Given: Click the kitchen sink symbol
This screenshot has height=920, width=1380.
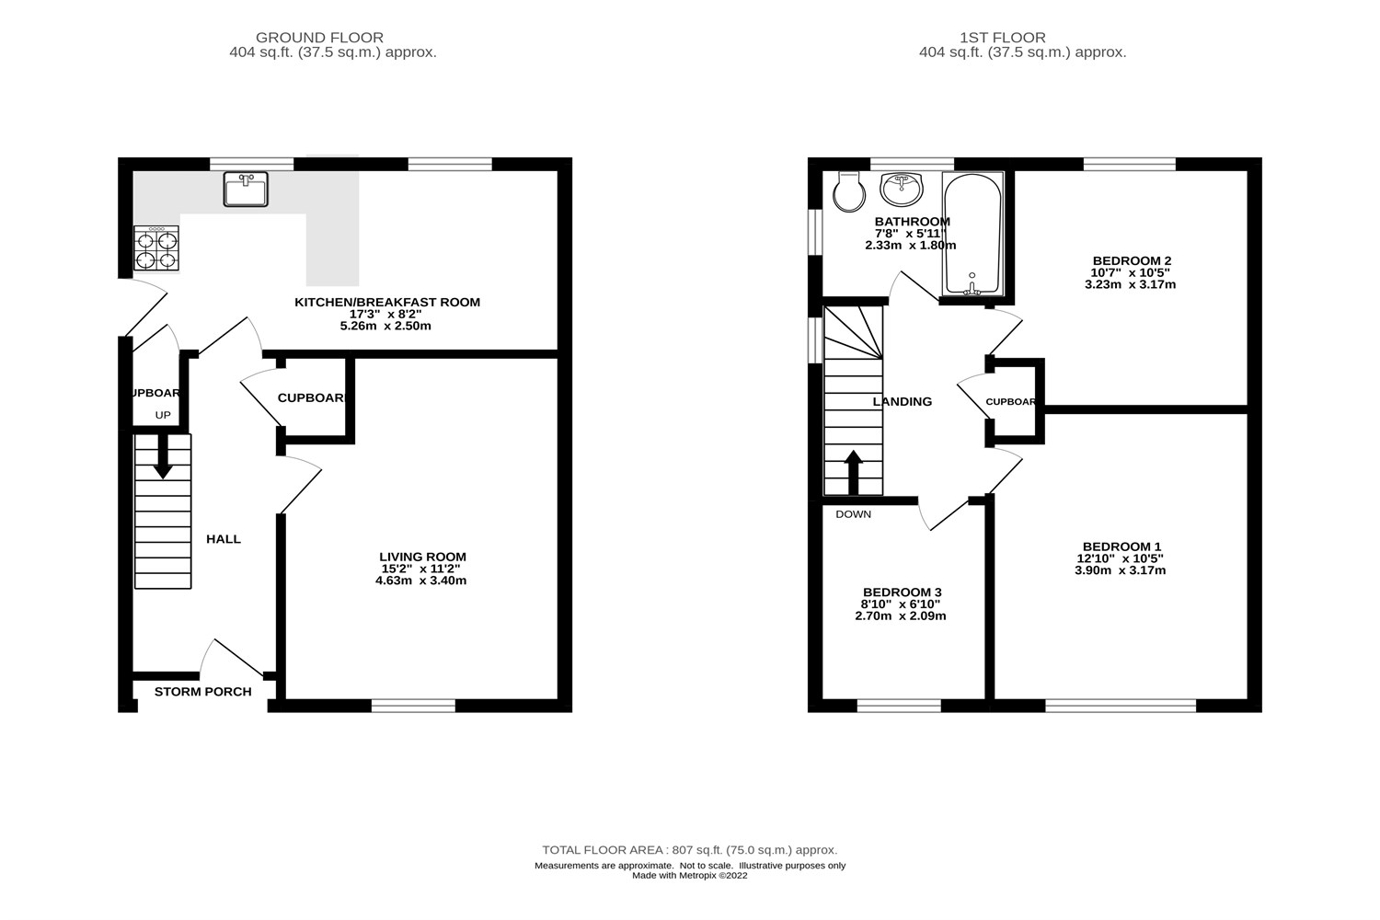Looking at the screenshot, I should coord(246,189).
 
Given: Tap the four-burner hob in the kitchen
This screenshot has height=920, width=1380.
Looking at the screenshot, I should coord(156,249).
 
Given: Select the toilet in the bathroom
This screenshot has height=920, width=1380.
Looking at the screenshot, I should coord(847,190).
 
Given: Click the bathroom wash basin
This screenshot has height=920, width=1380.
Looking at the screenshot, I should coord(903,190).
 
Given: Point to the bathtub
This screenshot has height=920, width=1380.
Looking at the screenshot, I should coord(972,234).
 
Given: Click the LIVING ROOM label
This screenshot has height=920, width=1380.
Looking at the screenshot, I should coord(422,557).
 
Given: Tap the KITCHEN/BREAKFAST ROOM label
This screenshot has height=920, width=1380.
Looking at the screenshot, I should coord(386,302).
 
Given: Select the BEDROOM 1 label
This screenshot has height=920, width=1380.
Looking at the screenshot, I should coord(1121,546).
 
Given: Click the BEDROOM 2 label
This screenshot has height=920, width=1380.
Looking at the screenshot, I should coord(1131,260).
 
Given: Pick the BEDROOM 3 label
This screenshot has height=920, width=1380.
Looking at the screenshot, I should coord(902,592).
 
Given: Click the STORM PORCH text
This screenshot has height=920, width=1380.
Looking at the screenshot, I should coord(202,692).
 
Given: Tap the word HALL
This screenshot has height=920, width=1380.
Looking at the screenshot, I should coord(223,539).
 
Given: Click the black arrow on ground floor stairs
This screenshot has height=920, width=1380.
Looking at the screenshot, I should coord(163,457).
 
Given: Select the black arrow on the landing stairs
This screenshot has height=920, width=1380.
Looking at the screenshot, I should coord(853,473).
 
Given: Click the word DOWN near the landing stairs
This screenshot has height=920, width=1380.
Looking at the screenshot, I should coord(853,514).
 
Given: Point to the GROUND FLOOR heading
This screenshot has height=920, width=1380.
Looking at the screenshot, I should coord(319,38).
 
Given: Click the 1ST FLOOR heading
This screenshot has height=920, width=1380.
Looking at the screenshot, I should coord(1002,38).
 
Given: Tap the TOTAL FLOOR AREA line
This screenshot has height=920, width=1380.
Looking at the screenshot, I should coord(689,850).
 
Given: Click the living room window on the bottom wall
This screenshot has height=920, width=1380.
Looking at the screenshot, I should coord(413,706).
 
